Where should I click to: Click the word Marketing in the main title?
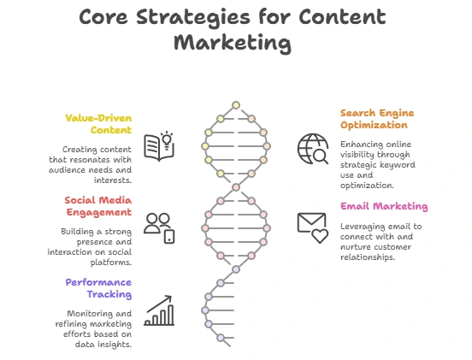[233, 43]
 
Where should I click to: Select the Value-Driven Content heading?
[98, 124]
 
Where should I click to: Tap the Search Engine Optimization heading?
[377, 119]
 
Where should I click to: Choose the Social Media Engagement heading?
[98, 206]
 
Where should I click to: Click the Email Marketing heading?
[384, 206]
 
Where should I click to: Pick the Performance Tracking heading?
[98, 288]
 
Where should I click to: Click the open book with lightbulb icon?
[159, 146]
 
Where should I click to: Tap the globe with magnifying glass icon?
[313, 149]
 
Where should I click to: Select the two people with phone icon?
[159, 228]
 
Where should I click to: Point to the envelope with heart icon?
[312, 227]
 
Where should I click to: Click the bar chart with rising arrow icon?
[159, 310]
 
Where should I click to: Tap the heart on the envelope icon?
[320, 236]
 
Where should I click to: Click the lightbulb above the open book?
[167, 139]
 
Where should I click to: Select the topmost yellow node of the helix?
[236, 105]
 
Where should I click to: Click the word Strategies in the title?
[193, 18]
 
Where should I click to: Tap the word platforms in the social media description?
[111, 263]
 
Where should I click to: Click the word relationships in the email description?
[368, 257]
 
